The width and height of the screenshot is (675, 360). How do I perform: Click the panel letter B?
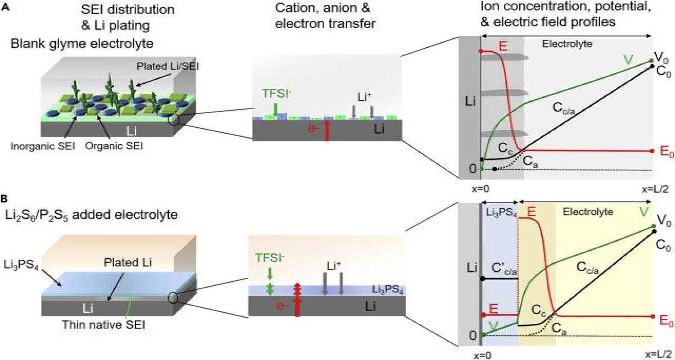(5, 183)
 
